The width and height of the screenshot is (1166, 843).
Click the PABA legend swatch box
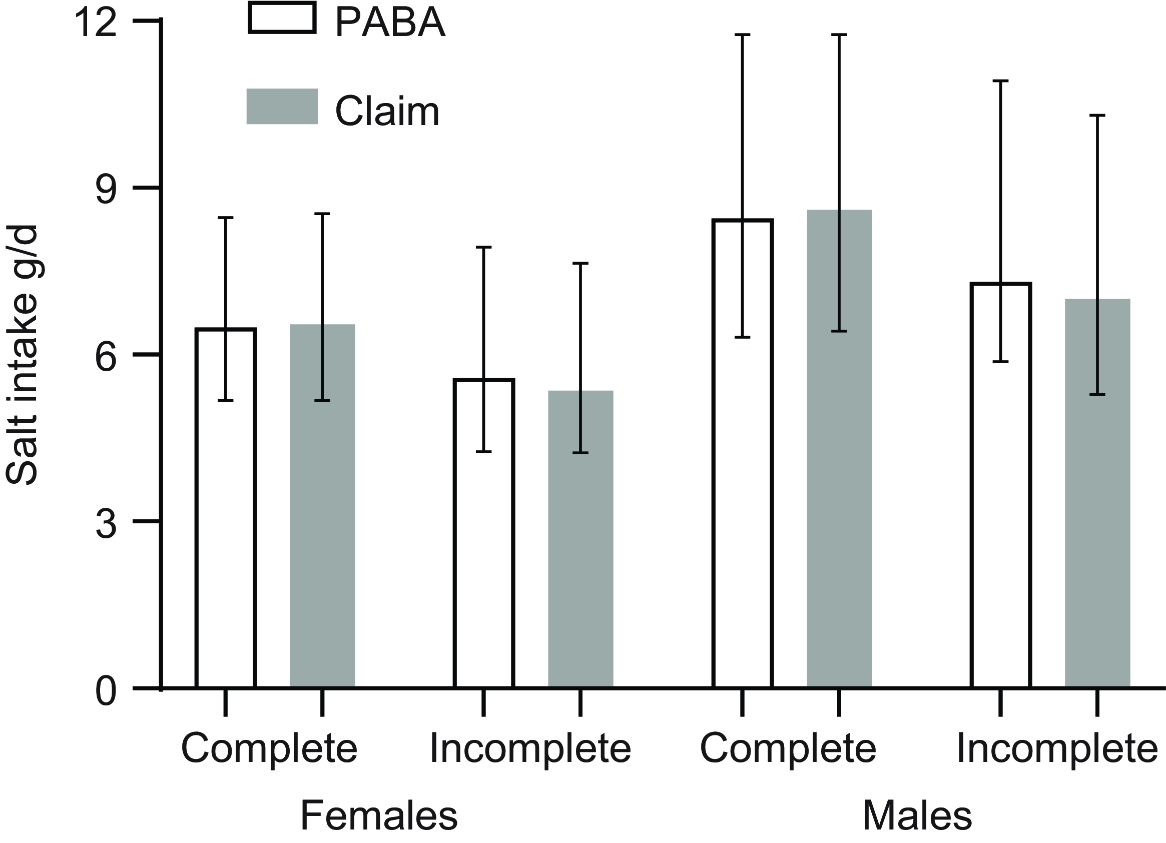282,18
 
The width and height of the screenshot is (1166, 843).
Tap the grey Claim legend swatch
282,107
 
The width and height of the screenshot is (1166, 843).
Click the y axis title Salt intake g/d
22,355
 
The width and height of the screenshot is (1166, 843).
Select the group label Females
378,815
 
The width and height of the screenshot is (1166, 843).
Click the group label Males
917,815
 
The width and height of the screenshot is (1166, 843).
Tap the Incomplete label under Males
1057,748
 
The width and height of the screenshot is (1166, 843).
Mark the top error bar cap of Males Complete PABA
742,35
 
